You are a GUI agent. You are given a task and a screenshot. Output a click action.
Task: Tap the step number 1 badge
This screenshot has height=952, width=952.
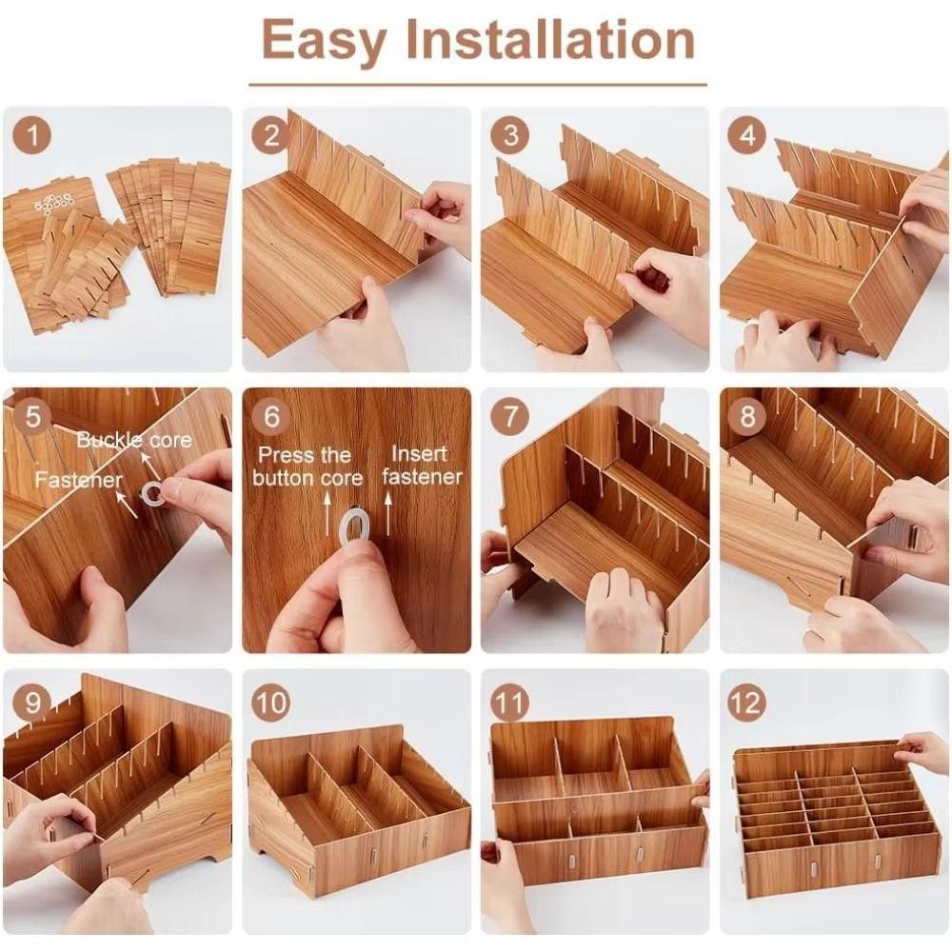click(x=32, y=135)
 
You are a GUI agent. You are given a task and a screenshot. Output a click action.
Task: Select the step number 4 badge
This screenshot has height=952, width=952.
click(x=747, y=135)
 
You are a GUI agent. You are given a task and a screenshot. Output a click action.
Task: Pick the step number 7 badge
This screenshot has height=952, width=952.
click(x=510, y=416)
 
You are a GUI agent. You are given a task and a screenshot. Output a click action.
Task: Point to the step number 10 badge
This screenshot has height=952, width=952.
click(x=270, y=703)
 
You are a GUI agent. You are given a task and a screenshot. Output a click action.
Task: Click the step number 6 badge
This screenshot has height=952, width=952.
click(x=270, y=416)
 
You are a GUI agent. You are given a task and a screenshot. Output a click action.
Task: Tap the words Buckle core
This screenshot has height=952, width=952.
click(x=134, y=440)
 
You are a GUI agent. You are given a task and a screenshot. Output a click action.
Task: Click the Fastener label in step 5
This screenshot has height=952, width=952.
click(x=78, y=480)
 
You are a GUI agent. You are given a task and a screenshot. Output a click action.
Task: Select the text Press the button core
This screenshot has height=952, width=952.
click(x=307, y=466)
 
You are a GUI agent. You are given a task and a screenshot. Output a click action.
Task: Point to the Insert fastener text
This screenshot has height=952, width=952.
click(x=422, y=466)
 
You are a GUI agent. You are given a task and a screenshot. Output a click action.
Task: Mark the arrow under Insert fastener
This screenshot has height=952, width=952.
click(x=388, y=514)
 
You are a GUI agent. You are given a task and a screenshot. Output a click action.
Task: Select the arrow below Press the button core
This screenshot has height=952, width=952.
click(x=327, y=514)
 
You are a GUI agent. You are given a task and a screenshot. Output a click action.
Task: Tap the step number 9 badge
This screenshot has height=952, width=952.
click(x=32, y=703)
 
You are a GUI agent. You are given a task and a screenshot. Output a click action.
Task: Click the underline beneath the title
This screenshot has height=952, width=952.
click(x=478, y=85)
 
